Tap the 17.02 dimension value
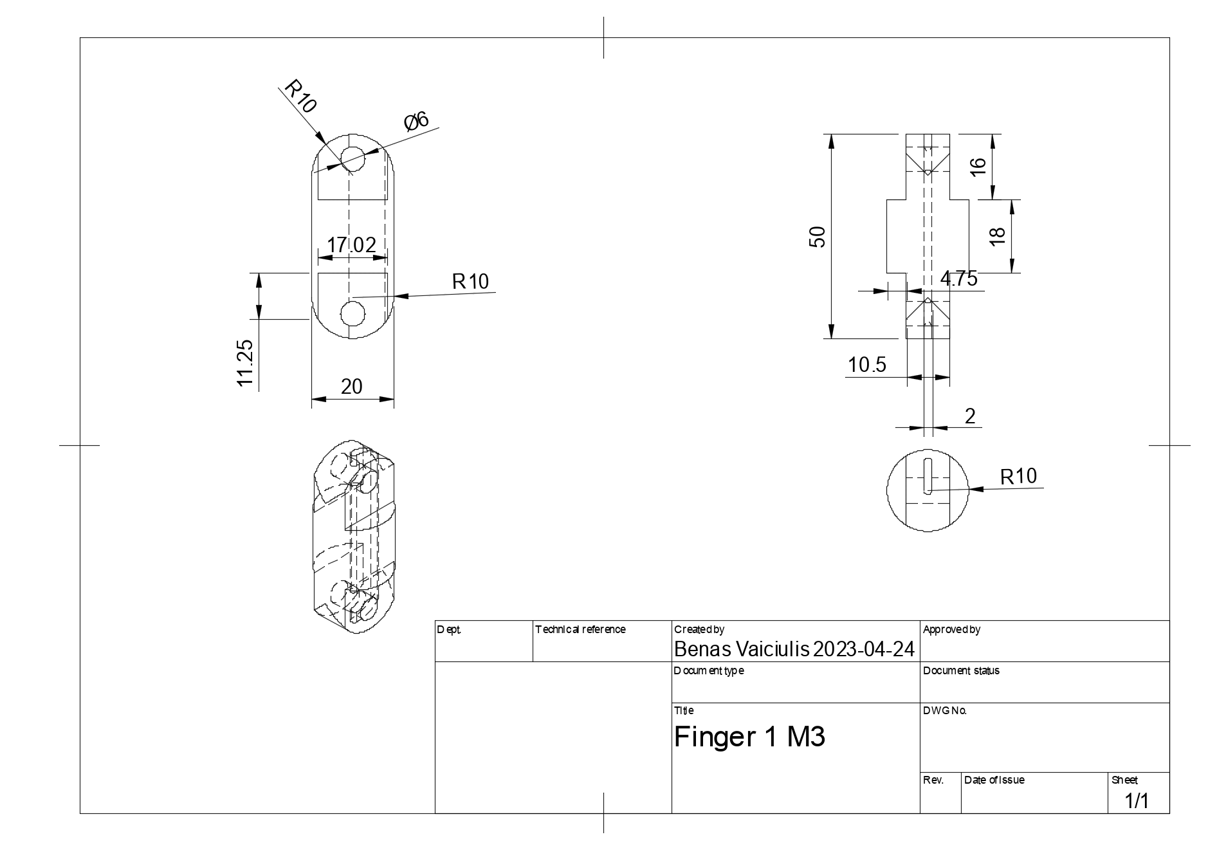tap(351, 245)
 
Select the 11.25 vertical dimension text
tap(246, 363)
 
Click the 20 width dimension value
tap(352, 387)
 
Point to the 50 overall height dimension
tap(818, 237)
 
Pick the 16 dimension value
tap(978, 166)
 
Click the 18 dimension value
tap(997, 236)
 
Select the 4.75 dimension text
tap(958, 279)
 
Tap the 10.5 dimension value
tap(866, 365)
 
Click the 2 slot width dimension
tap(970, 416)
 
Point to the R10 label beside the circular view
tap(1018, 476)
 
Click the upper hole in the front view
tap(352, 156)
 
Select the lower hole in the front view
tap(352, 314)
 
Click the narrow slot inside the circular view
tap(927, 477)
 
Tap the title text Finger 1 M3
tap(749, 737)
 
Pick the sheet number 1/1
tap(1136, 801)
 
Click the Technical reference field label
tap(580, 629)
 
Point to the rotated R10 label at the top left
tap(300, 97)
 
